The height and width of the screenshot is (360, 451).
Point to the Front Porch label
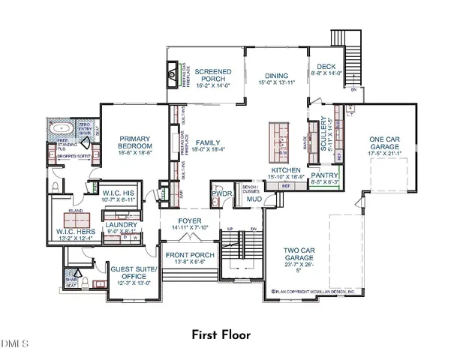click(x=191, y=257)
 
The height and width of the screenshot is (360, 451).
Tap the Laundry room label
click(x=121, y=227)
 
